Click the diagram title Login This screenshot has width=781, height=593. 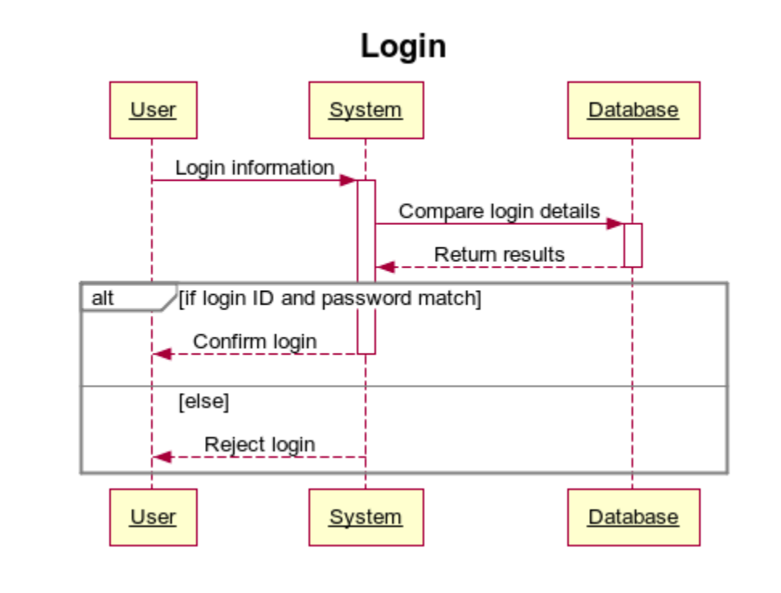[x=403, y=46]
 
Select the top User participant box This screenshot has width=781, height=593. [x=153, y=110]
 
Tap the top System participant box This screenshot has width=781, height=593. [x=366, y=110]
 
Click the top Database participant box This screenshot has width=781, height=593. [x=633, y=110]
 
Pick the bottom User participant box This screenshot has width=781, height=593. [x=153, y=517]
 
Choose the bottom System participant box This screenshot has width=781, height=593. [x=366, y=517]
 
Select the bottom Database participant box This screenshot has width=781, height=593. [x=633, y=517]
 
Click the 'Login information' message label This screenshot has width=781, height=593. [x=255, y=168]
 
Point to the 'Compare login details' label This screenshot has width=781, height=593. [x=499, y=211]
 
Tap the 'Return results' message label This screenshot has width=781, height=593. [x=499, y=255]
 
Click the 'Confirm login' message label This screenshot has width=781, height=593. [x=255, y=341]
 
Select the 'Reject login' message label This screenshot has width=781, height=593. [x=260, y=444]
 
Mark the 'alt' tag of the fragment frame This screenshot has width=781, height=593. [x=103, y=299]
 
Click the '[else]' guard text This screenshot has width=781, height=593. [x=203, y=402]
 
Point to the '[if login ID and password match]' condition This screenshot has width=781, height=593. [x=329, y=299]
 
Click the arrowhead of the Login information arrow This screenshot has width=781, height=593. [x=348, y=180]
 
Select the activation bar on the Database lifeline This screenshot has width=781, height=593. [x=632, y=245]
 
